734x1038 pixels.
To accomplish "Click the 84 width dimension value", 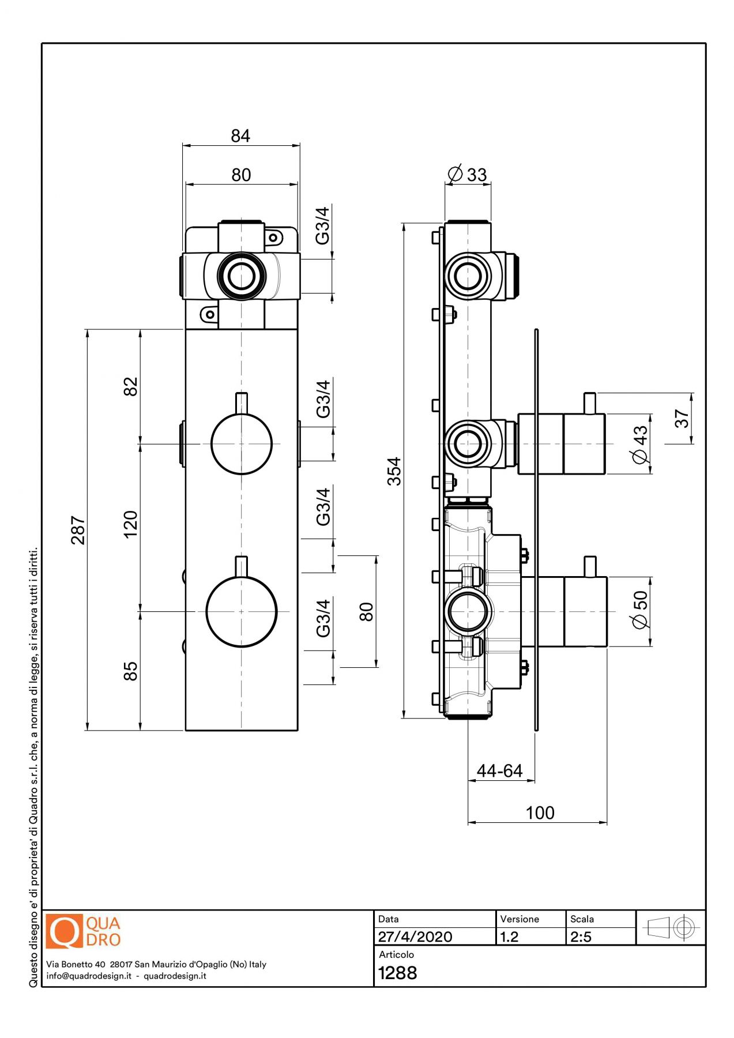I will pyautogui.click(x=240, y=136).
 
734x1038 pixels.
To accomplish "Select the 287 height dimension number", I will pyautogui.click(x=78, y=530).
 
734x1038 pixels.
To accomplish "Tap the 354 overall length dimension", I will pyautogui.click(x=394, y=471).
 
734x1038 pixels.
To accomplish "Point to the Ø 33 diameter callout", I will pyautogui.click(x=468, y=174).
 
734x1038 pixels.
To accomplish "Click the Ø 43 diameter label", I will pyautogui.click(x=641, y=444).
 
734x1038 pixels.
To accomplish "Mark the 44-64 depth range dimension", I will pyautogui.click(x=499, y=770).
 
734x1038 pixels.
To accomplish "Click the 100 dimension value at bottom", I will pyautogui.click(x=540, y=813).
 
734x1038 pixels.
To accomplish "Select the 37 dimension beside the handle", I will pyautogui.click(x=682, y=418).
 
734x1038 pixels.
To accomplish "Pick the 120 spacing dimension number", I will pyautogui.click(x=131, y=524).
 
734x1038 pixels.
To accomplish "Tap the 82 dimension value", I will pyautogui.click(x=131, y=386).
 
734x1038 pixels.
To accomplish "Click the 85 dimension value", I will pyautogui.click(x=131, y=671).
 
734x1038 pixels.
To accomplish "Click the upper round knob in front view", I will pyautogui.click(x=242, y=443).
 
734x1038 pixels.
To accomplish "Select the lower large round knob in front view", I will pyautogui.click(x=242, y=611).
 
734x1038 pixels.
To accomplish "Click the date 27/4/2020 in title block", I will pyautogui.click(x=415, y=937).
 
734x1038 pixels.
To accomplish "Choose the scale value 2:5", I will pyautogui.click(x=581, y=937).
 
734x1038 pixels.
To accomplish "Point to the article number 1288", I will pyautogui.click(x=397, y=973).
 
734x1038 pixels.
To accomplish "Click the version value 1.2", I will pyautogui.click(x=510, y=937).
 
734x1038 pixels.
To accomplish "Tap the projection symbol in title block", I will pyautogui.click(x=671, y=928).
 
